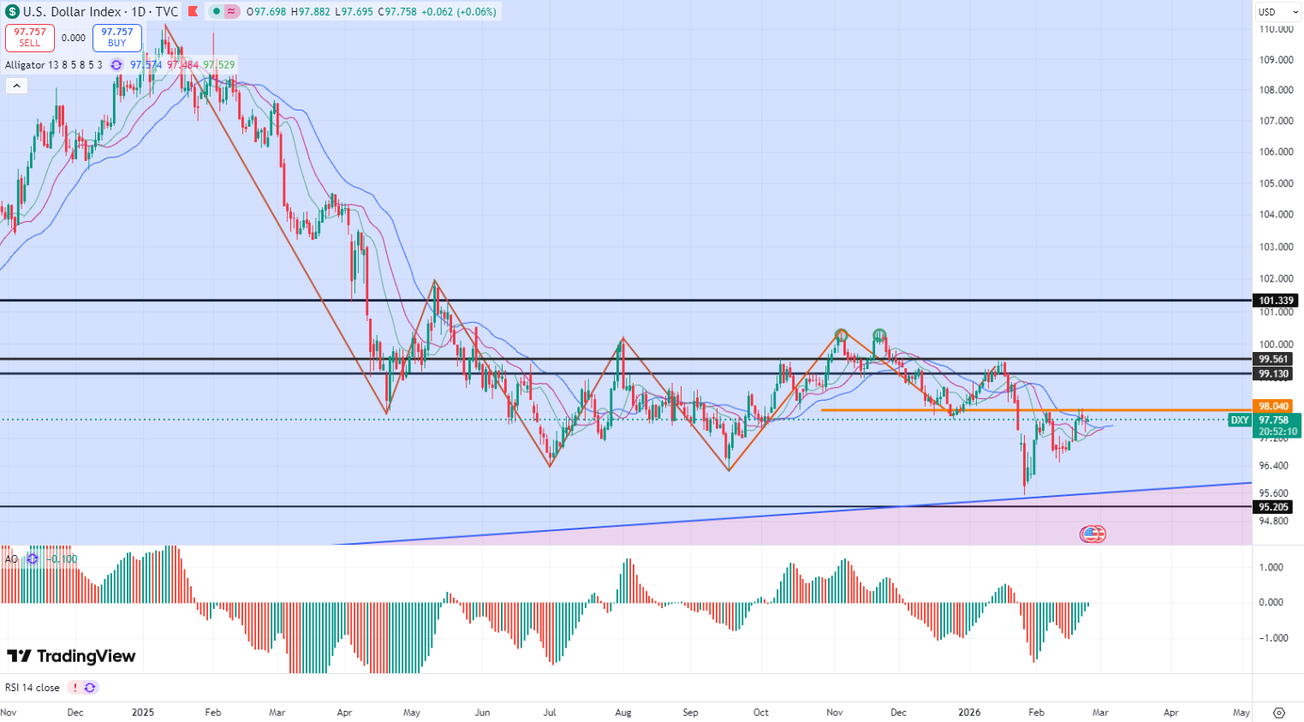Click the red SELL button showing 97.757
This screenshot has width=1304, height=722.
(x=30, y=38)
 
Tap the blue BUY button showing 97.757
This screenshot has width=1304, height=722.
(x=117, y=38)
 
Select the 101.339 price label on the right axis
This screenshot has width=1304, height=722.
(x=1276, y=301)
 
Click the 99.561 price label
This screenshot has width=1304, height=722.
(x=1274, y=359)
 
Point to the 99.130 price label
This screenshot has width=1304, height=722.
(x=1274, y=373)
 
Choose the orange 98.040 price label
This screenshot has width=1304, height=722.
(x=1274, y=406)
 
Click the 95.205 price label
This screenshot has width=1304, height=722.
(x=1274, y=507)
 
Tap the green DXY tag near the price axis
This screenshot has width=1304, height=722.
(x=1240, y=420)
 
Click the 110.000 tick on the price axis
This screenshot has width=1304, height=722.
(x=1276, y=29)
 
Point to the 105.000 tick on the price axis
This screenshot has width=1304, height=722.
(x=1276, y=183)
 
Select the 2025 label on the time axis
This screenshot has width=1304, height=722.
(x=143, y=713)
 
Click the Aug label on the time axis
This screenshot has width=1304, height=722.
(x=623, y=713)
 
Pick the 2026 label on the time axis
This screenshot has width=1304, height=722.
(x=969, y=713)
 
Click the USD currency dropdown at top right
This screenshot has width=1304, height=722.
(x=1278, y=12)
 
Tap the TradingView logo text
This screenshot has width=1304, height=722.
(x=72, y=656)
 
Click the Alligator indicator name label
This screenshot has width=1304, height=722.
(x=53, y=65)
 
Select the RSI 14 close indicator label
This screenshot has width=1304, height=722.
(x=33, y=688)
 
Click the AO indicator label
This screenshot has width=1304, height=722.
(x=11, y=559)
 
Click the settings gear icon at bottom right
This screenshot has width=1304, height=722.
(x=1279, y=713)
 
